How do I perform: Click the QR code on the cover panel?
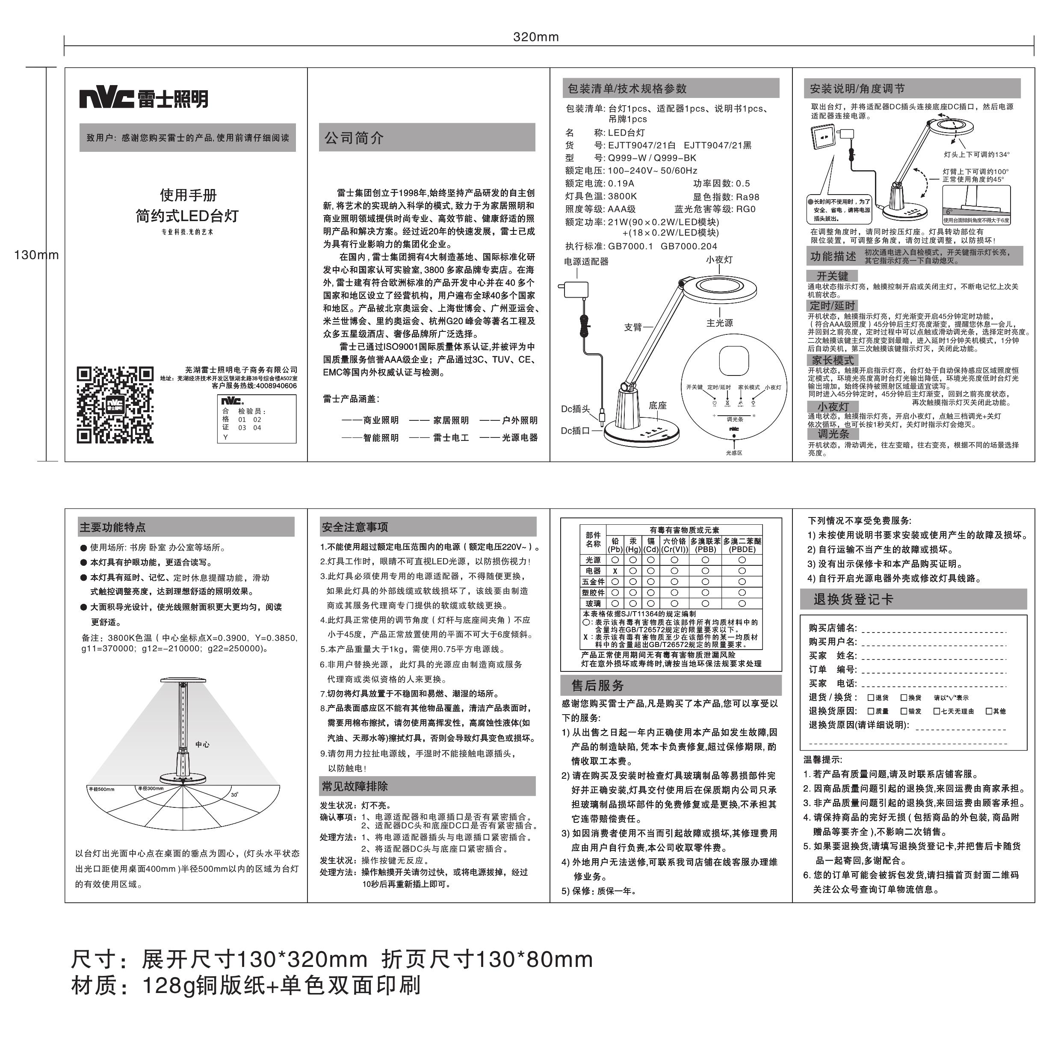115,405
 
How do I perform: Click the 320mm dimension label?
535,37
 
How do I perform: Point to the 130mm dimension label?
36,255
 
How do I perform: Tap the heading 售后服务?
597,686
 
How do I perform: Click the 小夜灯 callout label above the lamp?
719,260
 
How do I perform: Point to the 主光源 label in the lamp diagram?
719,323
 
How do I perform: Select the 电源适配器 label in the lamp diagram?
586,261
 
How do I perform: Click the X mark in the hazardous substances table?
615,571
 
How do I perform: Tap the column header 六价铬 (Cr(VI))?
674,545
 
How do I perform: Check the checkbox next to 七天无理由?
936,711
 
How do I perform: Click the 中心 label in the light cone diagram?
202,745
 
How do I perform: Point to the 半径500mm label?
102,789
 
